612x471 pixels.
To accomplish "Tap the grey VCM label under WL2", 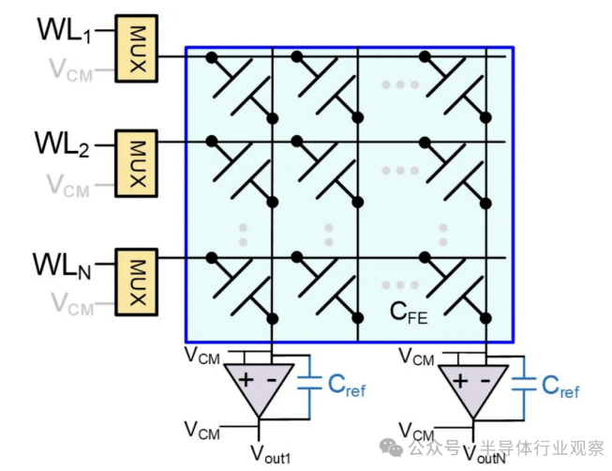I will coord(70,188).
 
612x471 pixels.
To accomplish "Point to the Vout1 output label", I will coord(271,453).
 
